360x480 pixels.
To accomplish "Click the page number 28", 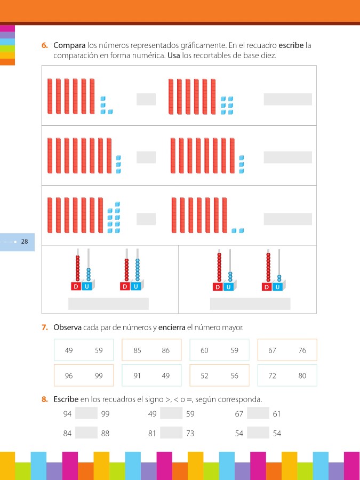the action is [x=25, y=242].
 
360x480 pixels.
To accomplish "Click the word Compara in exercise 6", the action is [x=69, y=46].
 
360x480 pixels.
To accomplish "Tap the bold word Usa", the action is [x=173, y=56].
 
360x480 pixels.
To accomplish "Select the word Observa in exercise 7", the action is [x=67, y=327].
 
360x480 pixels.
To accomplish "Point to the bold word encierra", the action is [x=172, y=327].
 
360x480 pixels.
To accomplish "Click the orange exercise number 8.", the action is [x=45, y=399].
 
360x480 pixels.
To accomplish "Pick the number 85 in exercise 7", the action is [x=138, y=350].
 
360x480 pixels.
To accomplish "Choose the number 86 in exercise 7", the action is [x=166, y=350].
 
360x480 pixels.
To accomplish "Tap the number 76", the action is [x=302, y=350].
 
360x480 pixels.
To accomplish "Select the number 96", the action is [x=69, y=375].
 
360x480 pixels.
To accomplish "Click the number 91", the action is [x=137, y=375].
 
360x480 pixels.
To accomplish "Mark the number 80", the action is [x=302, y=375].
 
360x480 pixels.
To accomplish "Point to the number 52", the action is [x=204, y=375].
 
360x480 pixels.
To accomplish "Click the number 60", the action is [x=204, y=350].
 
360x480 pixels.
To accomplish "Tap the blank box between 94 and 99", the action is [x=86, y=413].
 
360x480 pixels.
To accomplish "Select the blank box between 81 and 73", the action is [x=171, y=433].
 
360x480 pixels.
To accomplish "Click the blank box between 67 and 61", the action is [x=258, y=413].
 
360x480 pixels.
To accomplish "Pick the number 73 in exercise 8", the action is [x=190, y=434].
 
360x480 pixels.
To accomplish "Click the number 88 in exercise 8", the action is [x=105, y=434].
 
